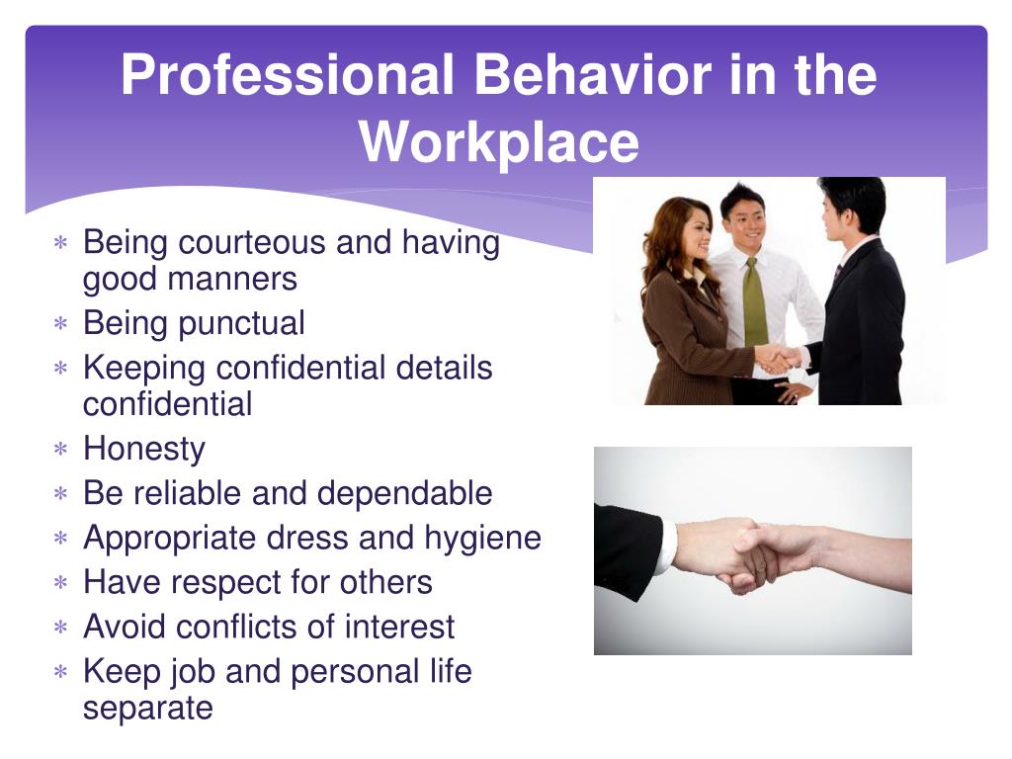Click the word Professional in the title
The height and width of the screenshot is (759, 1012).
[x=288, y=74]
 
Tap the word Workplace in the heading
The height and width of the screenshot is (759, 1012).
[x=499, y=143]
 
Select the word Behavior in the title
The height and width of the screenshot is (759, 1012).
[x=593, y=74]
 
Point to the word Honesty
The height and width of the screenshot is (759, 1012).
[x=144, y=450]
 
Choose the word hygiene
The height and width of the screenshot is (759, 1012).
[x=482, y=539]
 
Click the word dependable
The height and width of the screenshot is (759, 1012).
[x=404, y=493]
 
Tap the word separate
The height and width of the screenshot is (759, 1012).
[x=148, y=709]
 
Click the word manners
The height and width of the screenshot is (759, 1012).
[x=232, y=280]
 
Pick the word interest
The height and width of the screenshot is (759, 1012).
[x=399, y=627]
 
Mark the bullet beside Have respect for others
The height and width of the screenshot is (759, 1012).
[x=60, y=583]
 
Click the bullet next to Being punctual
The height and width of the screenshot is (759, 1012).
[x=60, y=323]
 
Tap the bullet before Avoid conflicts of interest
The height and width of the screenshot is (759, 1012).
[x=60, y=628]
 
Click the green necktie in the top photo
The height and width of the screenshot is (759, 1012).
[x=754, y=302]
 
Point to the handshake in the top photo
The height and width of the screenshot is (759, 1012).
[x=779, y=360]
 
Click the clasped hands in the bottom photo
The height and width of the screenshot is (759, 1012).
[x=752, y=555]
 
